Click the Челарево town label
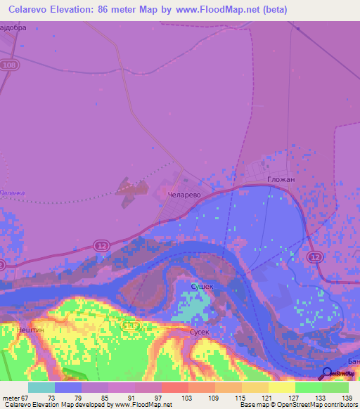click(x=185, y=193)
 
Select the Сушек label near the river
click(x=202, y=286)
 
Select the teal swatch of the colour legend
click(x=41, y=387)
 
